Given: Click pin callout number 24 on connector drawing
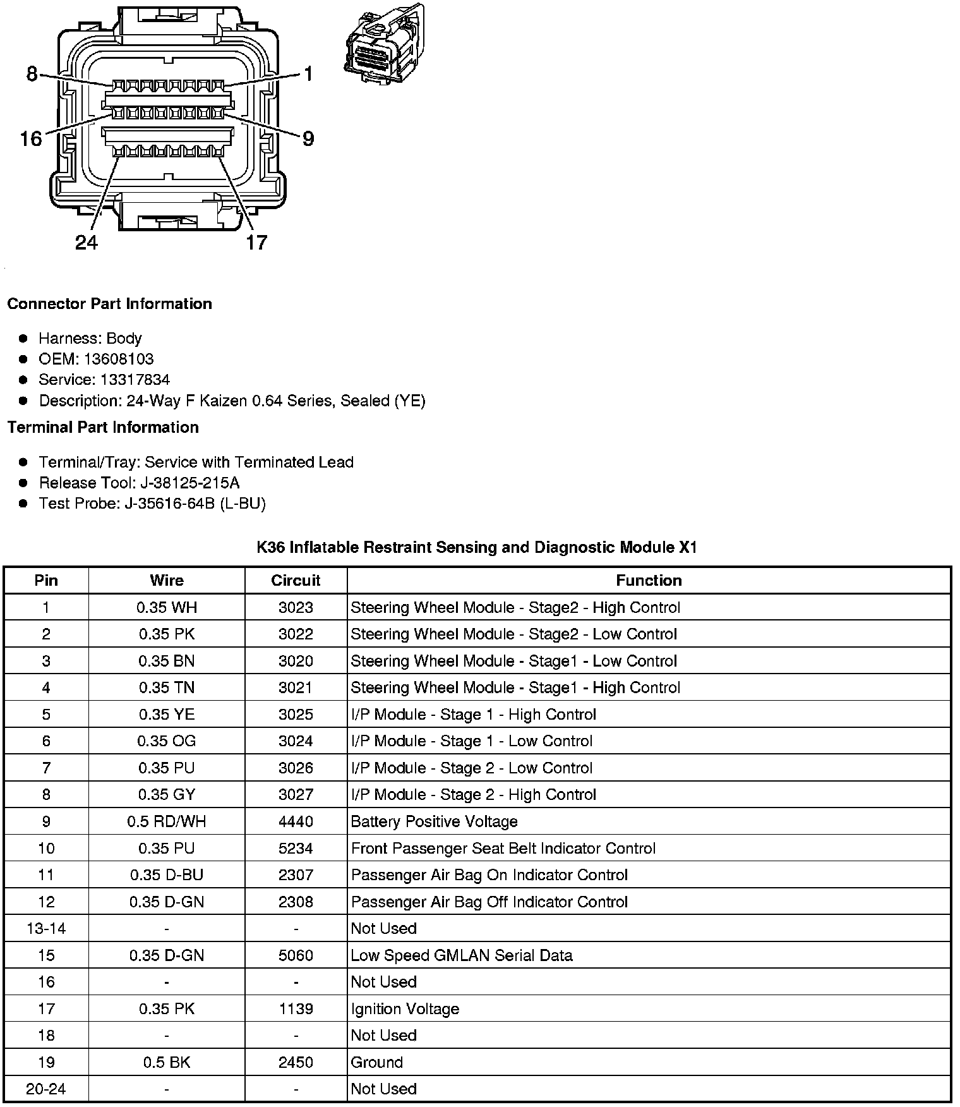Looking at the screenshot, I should tap(87, 242).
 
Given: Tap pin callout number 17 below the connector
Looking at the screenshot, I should tap(256, 242).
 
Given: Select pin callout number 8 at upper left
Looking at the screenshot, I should tap(32, 74).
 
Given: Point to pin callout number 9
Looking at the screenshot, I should tap(308, 138).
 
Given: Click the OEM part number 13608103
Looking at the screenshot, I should tap(119, 359).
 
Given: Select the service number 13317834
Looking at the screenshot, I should tap(135, 380).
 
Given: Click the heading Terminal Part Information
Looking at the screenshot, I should tap(103, 427).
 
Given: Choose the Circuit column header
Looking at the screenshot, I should tap(296, 580).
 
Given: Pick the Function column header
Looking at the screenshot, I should tap(649, 580).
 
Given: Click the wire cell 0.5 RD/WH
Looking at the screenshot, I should tap(167, 821).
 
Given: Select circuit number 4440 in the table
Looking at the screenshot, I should tap(296, 821).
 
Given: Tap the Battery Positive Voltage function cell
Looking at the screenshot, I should tap(435, 821).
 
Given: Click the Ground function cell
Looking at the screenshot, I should tap(377, 1062).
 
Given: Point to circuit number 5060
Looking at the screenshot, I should tap(296, 955).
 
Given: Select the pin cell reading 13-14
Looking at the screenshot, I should tap(46, 928).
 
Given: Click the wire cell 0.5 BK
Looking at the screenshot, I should tap(167, 1062).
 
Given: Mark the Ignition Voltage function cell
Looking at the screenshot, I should tap(405, 1008).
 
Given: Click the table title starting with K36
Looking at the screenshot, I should tap(477, 547).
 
